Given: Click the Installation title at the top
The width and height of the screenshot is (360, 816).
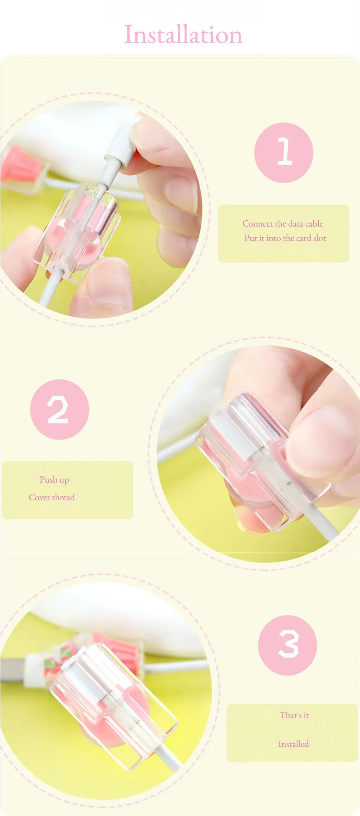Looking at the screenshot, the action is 183,35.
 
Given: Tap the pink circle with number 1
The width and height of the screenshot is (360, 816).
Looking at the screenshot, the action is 284,152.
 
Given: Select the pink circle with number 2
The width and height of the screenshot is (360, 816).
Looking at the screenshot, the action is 59,409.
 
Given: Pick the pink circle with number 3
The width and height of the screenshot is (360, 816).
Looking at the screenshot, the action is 288,645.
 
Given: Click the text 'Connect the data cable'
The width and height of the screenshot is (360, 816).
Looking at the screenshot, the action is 283,224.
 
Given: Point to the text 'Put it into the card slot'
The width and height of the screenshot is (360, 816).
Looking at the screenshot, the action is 285,238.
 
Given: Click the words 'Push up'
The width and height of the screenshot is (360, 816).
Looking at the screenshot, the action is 54,480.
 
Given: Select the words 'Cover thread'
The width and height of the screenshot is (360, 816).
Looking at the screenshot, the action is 52,497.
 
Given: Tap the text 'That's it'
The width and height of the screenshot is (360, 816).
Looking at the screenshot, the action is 294,715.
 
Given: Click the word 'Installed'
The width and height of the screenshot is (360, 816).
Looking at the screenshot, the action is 293,744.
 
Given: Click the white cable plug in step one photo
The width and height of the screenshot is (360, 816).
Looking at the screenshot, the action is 119,148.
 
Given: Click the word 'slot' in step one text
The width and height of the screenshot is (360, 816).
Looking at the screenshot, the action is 319,238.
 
